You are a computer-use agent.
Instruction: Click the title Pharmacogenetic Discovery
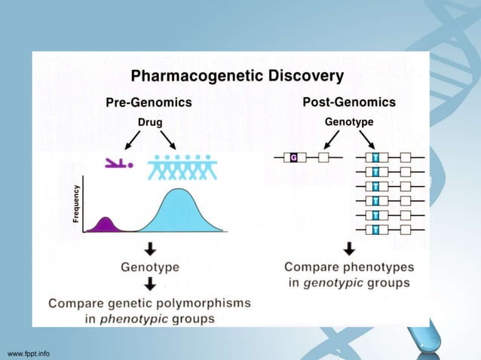click(237, 76)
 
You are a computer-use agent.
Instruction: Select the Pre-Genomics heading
click(148, 102)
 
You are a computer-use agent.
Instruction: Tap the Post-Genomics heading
click(349, 102)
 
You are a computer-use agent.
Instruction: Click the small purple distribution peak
click(106, 224)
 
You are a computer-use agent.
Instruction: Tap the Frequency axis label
click(76, 203)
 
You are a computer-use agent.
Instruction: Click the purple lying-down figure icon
click(119, 162)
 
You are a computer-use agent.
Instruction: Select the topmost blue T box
click(375, 157)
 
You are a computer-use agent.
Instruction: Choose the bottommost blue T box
click(375, 229)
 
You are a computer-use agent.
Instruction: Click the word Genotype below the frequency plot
click(149, 267)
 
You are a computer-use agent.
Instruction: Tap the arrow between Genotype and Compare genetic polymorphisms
click(150, 284)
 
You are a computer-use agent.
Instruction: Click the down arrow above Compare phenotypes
click(349, 249)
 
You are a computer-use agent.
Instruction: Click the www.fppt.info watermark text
click(28, 352)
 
